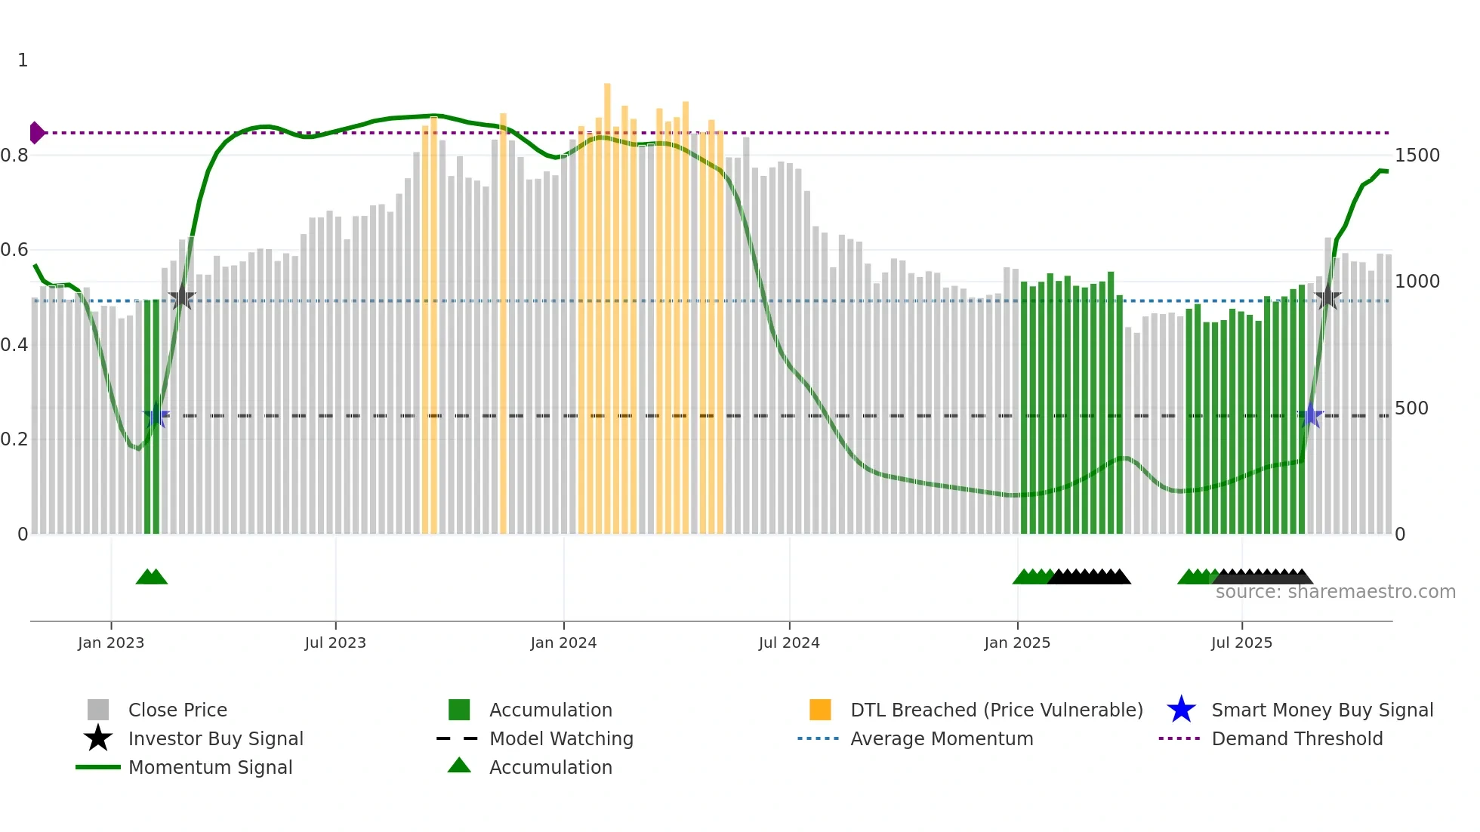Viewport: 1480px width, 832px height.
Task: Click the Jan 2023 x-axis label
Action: coord(111,642)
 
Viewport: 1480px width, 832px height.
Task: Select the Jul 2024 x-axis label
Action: coord(789,642)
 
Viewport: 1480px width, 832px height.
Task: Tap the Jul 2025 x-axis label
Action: coord(1241,642)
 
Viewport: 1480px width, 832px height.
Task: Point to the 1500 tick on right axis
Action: coord(1417,156)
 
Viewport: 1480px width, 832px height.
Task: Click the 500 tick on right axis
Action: coord(1411,408)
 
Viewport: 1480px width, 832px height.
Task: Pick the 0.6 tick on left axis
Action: coord(14,250)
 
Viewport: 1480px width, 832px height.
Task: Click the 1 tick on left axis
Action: coord(23,60)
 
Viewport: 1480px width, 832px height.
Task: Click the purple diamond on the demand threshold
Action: coord(36,133)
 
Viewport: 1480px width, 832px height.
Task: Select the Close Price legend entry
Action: coord(177,710)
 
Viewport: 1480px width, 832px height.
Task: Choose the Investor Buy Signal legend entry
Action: coord(215,738)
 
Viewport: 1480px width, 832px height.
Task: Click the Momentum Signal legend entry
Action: coord(210,767)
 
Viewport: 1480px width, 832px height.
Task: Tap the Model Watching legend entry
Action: coord(561,738)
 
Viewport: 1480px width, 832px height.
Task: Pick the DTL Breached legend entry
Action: coord(996,710)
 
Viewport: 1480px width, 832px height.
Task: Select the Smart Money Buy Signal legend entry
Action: coord(1321,710)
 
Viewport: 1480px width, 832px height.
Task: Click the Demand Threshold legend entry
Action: coord(1297,738)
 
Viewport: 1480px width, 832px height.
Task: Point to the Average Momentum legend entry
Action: coord(941,738)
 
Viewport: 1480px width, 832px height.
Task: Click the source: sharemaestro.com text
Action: coord(1335,592)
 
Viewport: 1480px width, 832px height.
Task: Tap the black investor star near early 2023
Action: coord(182,297)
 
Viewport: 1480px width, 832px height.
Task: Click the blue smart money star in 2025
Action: coord(1311,415)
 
